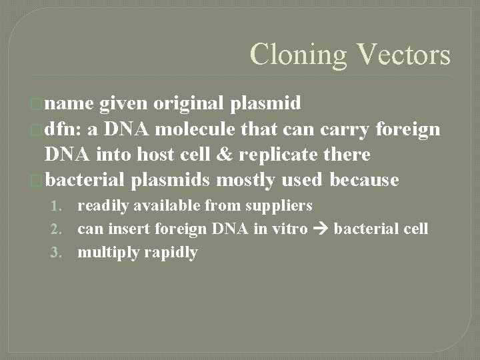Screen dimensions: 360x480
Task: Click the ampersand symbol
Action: [x=239, y=155]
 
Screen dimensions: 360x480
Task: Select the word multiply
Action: [x=106, y=253]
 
